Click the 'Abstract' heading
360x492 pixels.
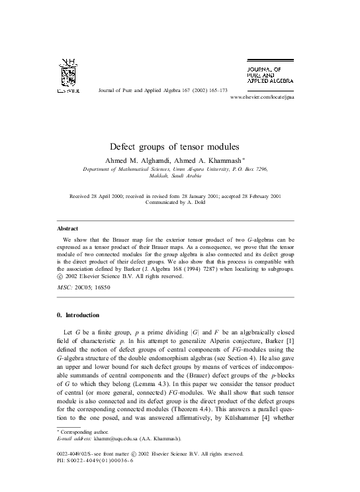[x=68, y=228]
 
